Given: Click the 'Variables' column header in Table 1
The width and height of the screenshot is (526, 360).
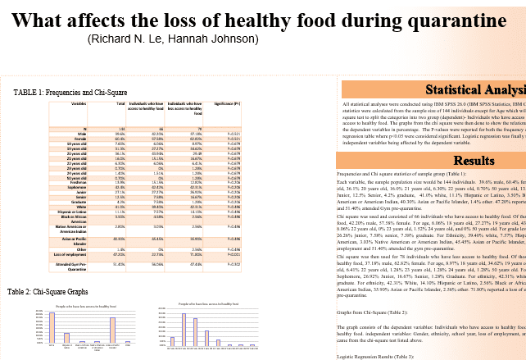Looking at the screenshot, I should [x=79, y=104].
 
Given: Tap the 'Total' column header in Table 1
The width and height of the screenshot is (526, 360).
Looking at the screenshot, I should [x=120, y=104].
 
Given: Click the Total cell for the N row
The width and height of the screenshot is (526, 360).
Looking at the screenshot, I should [x=120, y=130].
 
